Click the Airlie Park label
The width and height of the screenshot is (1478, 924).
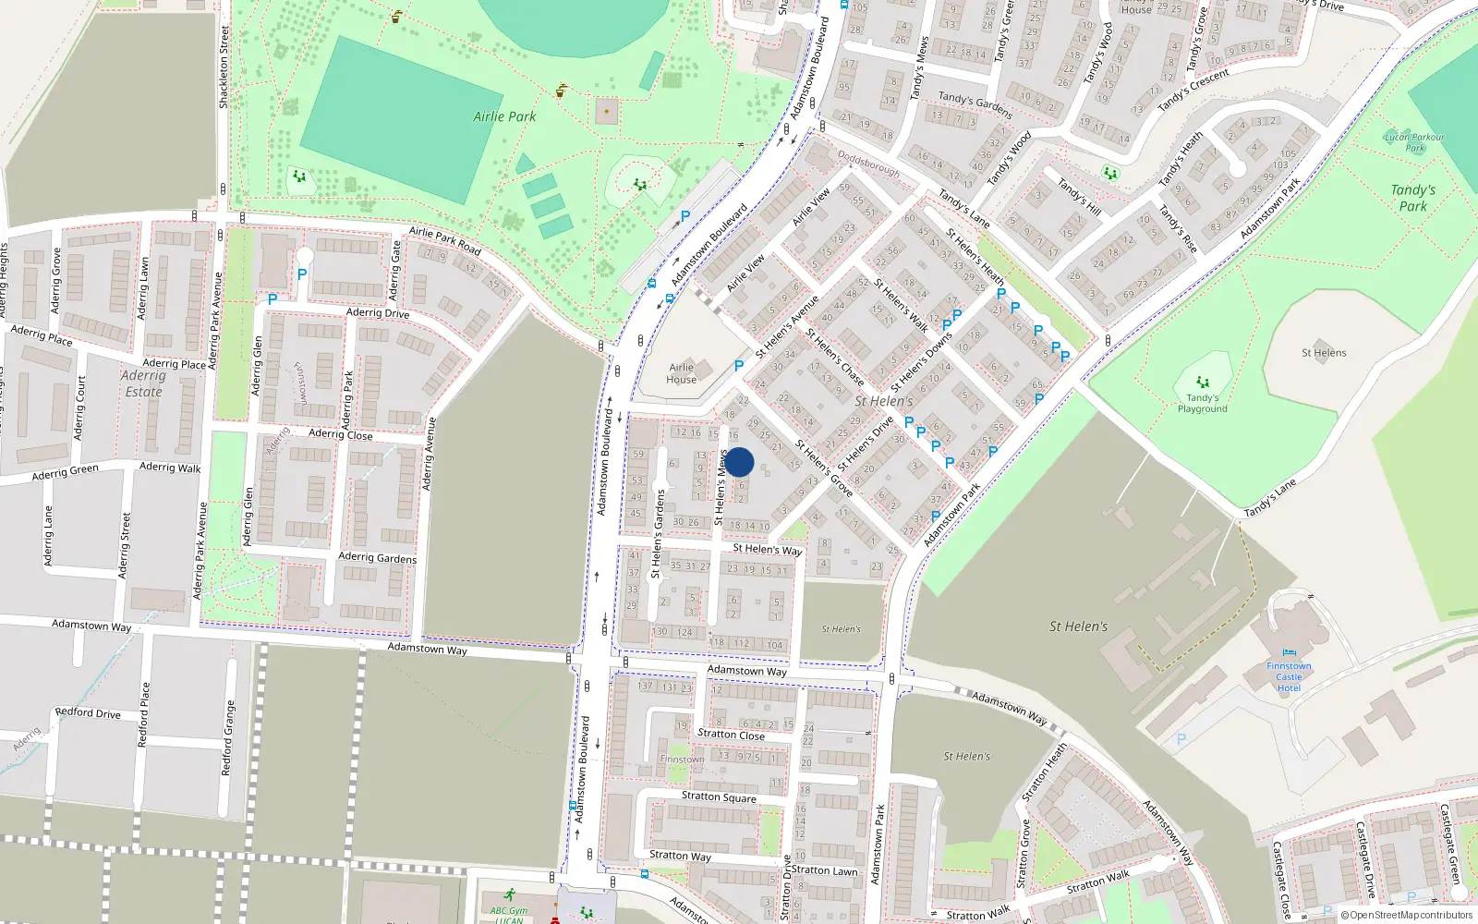click(x=504, y=116)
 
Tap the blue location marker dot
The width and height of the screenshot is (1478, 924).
click(x=739, y=462)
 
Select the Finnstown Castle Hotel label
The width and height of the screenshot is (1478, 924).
click(x=1289, y=676)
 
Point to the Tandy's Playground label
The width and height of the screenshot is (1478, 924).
click(x=1202, y=403)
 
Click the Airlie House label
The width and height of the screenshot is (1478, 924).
click(x=681, y=373)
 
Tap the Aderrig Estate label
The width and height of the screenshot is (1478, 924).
click(x=143, y=383)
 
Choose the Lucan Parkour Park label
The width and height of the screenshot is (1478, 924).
click(x=1414, y=142)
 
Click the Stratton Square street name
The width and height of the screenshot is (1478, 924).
click(x=719, y=796)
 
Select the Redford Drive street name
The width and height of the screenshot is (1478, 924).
click(x=88, y=712)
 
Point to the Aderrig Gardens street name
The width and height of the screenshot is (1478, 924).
click(x=377, y=557)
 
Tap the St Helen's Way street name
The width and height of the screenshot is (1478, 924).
click(x=767, y=549)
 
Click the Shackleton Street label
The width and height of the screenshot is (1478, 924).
click(x=224, y=67)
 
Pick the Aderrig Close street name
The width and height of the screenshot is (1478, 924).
click(x=341, y=434)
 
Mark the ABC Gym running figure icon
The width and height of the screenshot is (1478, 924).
click(x=509, y=894)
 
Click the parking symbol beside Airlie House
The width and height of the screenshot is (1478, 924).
click(x=739, y=366)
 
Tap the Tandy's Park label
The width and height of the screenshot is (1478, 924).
click(x=1412, y=198)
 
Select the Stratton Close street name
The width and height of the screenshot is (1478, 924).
click(x=731, y=735)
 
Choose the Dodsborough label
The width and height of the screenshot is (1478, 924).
click(x=868, y=164)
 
